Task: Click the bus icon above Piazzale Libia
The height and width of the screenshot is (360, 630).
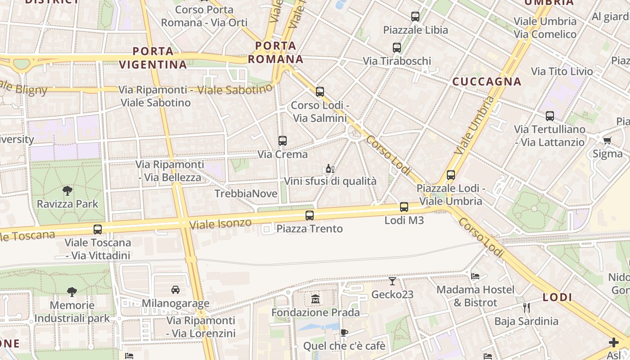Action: pyautogui.click(x=415, y=17)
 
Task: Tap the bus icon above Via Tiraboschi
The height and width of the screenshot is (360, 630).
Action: pyautogui.click(x=396, y=47)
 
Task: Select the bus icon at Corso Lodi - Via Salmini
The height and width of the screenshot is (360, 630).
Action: pyautogui.click(x=319, y=92)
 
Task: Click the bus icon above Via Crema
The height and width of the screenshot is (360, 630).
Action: pyautogui.click(x=282, y=141)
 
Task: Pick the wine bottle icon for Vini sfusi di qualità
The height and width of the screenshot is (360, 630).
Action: pyautogui.click(x=329, y=169)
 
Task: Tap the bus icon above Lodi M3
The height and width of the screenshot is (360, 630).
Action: pyautogui.click(x=404, y=207)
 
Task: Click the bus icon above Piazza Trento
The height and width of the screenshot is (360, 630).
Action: pyautogui.click(x=309, y=215)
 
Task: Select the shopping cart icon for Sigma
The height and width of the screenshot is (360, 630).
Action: pyautogui.click(x=607, y=140)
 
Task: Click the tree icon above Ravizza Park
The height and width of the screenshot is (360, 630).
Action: pyautogui.click(x=67, y=190)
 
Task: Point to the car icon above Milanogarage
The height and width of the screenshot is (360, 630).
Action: pyautogui.click(x=175, y=290)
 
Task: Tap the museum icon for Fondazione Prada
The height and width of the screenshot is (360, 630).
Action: pyautogui.click(x=315, y=299)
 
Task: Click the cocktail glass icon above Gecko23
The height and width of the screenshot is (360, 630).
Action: pyautogui.click(x=392, y=281)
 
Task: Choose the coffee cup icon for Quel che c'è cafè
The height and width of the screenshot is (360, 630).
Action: pyautogui.click(x=344, y=333)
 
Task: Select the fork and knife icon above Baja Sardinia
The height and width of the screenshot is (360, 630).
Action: pyautogui.click(x=526, y=308)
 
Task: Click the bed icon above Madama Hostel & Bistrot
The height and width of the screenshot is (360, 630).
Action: pyautogui.click(x=475, y=276)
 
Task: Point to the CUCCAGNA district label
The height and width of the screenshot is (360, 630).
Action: pyautogui.click(x=486, y=81)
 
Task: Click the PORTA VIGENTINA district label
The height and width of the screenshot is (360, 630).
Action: pyautogui.click(x=153, y=58)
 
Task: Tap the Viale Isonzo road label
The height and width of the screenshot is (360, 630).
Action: pyautogui.click(x=220, y=223)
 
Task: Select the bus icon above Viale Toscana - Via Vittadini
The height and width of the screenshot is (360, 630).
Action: pyautogui.click(x=97, y=229)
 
